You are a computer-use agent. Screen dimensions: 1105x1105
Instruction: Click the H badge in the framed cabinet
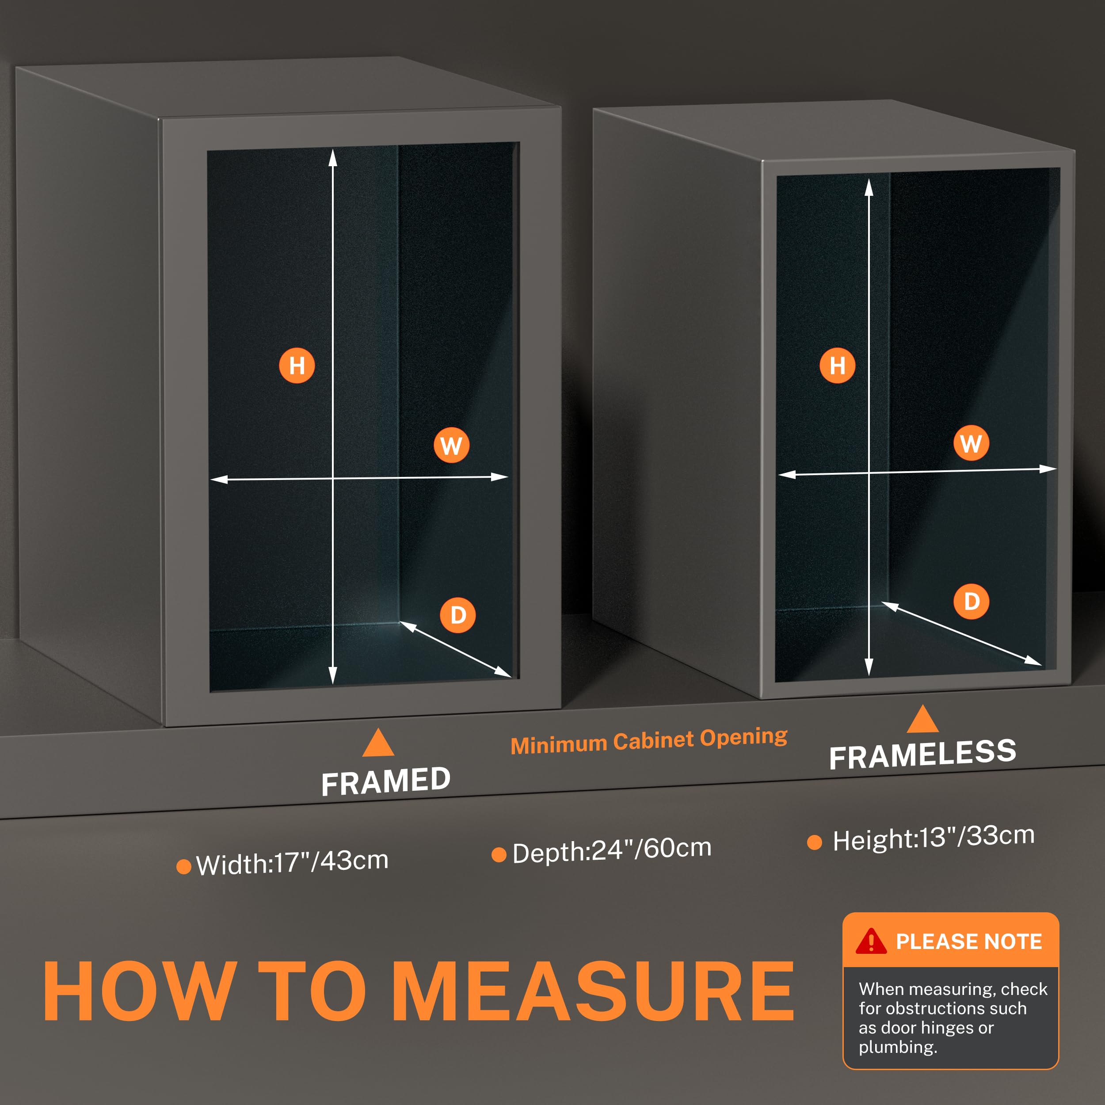point(297,366)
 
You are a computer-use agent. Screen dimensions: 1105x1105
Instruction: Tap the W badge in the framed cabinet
point(451,445)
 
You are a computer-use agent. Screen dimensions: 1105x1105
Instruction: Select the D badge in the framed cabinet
point(457,615)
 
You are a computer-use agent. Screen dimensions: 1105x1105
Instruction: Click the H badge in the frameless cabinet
point(837,365)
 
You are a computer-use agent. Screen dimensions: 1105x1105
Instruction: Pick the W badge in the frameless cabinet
point(971,443)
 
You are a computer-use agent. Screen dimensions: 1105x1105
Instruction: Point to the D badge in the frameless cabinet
point(971,601)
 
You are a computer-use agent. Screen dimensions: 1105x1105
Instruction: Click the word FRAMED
point(386,781)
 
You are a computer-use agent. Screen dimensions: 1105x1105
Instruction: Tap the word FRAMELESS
point(922,754)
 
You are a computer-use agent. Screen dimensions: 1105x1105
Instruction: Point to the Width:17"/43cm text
point(292,862)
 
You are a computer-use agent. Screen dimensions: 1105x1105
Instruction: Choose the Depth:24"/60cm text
point(612,850)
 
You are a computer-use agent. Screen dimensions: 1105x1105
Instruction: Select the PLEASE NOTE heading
point(969,941)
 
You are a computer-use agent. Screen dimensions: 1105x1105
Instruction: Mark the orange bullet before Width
point(183,866)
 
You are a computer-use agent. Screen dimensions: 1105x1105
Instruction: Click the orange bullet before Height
point(815,842)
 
